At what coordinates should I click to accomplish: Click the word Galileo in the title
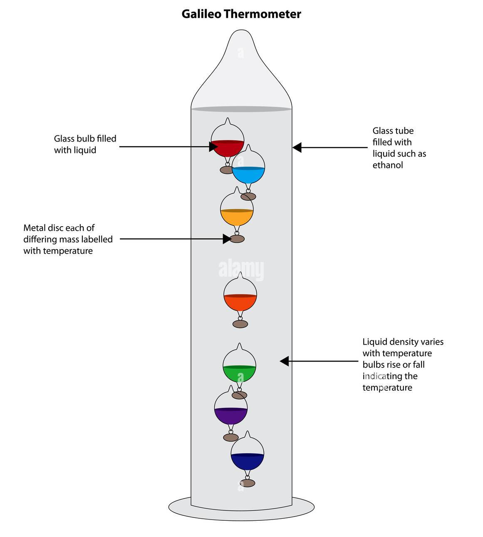point(201,14)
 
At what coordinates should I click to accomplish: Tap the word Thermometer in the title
point(263,14)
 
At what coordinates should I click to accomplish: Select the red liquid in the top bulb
point(227,148)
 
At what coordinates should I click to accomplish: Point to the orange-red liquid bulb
point(240,294)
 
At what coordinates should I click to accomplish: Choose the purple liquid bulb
point(231,407)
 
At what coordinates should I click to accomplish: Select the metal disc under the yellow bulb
point(237,239)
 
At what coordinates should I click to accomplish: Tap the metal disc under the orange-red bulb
point(240,324)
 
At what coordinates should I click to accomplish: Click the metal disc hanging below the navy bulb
point(248,483)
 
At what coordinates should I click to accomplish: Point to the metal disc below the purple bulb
point(231,437)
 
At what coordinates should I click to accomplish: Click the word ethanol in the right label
point(388,165)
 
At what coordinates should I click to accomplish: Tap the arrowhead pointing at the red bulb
point(213,147)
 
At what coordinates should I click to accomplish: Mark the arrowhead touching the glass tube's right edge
point(297,147)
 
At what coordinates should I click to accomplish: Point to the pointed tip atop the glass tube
point(241,30)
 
